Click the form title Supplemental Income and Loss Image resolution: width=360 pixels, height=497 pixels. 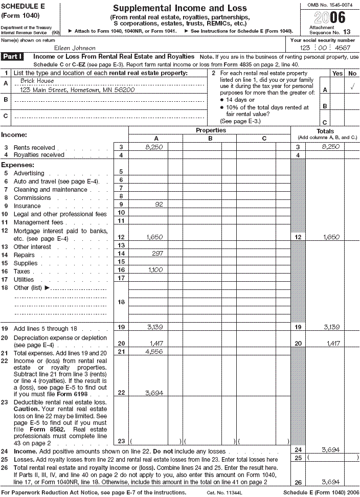point(179,8)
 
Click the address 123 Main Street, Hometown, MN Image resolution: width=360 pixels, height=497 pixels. point(77,90)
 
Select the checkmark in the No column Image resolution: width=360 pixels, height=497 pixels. point(352,87)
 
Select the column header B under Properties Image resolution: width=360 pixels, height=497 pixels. point(209,138)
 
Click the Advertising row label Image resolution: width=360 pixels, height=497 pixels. point(29,173)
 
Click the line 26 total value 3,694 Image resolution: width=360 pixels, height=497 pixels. point(330,482)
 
